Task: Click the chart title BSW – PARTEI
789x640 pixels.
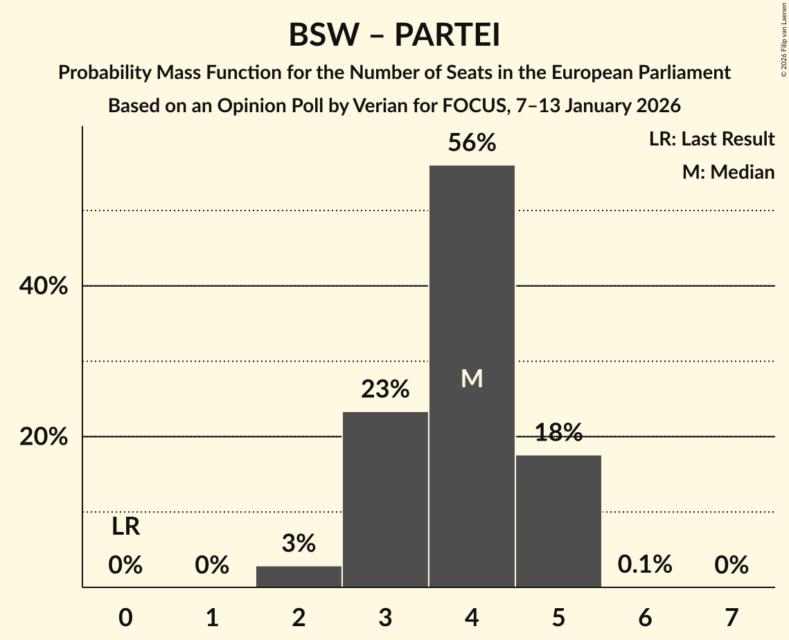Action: coord(394,35)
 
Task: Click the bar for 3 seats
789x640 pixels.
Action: coord(385,499)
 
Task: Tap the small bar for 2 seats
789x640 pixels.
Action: coord(299,577)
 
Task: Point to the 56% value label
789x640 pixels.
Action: coord(472,143)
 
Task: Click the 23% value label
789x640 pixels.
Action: coord(385,390)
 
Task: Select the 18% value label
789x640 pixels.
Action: coord(558,433)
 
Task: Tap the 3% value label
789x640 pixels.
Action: coord(299,544)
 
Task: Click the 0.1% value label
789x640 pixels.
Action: coord(645,565)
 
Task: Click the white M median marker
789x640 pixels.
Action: coord(472,378)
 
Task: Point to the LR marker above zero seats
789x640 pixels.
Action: coord(125,527)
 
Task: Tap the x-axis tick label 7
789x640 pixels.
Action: coord(732,617)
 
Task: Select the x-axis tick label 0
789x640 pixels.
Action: coord(125,617)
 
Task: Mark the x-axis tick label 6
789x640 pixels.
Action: coord(645,617)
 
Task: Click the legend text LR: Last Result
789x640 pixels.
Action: coord(711,139)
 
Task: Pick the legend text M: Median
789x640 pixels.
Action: coord(728,172)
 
